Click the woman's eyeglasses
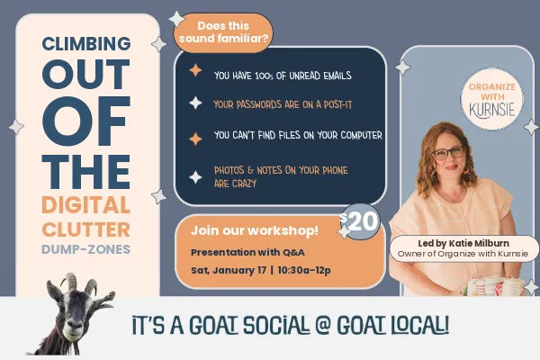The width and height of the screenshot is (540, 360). pos(447,154)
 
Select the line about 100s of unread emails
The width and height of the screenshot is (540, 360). pos(282,76)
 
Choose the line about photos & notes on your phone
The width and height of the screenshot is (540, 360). pos(281,176)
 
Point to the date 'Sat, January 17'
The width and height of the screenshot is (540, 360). pos(229,270)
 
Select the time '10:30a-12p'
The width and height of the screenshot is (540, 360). pos(307,270)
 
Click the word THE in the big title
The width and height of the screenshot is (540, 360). pos(86,168)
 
